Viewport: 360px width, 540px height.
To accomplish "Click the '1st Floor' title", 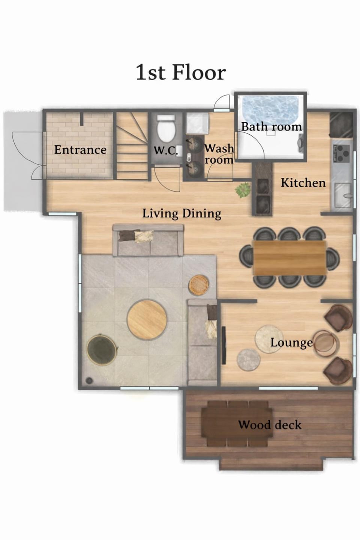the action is [x=181, y=72].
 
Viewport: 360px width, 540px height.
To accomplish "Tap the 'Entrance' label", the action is [x=80, y=150].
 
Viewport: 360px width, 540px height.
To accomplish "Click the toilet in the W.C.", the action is [x=166, y=129].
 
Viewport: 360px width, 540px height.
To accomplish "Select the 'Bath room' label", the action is [x=271, y=127].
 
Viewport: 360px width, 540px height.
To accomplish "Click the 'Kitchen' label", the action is [x=303, y=183].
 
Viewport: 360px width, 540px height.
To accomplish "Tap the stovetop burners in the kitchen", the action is [x=342, y=153].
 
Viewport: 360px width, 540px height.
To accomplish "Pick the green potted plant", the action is [x=243, y=190].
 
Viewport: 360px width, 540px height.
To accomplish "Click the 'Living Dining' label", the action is [x=181, y=214].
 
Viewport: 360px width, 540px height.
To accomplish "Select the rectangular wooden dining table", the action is [x=289, y=258].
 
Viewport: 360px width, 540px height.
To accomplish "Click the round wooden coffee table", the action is [x=147, y=319].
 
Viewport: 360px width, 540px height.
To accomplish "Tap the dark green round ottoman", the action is [x=102, y=349].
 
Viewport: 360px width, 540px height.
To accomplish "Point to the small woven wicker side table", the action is [x=199, y=285].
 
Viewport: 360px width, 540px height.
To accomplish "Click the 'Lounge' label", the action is [x=291, y=343].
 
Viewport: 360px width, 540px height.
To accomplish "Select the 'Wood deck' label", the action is [x=270, y=424].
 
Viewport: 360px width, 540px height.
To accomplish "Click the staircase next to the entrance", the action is [x=132, y=145].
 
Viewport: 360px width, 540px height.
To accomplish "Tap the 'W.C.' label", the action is [x=166, y=151].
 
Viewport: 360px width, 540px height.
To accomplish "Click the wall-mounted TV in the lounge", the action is [x=223, y=345].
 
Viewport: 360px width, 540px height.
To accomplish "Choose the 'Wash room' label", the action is [x=219, y=154].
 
